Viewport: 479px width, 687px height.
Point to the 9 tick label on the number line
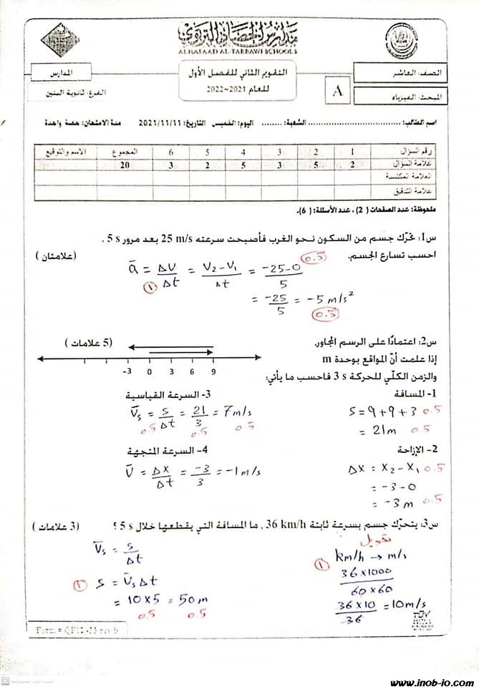tap(213, 372)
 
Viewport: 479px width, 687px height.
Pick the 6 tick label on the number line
tap(192, 372)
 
